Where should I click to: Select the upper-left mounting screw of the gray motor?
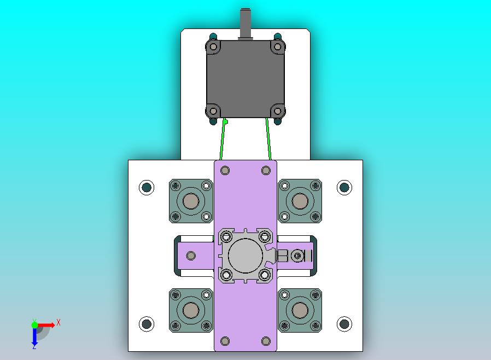coord(213,47)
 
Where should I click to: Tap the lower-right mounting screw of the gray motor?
coord(277,111)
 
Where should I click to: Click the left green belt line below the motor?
coord(223,139)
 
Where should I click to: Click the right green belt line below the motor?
coord(268,139)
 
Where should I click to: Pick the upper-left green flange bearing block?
coord(191,201)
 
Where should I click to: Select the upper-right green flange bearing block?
coord(300,201)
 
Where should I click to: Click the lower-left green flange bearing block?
coord(191,311)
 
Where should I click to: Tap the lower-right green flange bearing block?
coord(300,311)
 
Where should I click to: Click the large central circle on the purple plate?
coord(245,256)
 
